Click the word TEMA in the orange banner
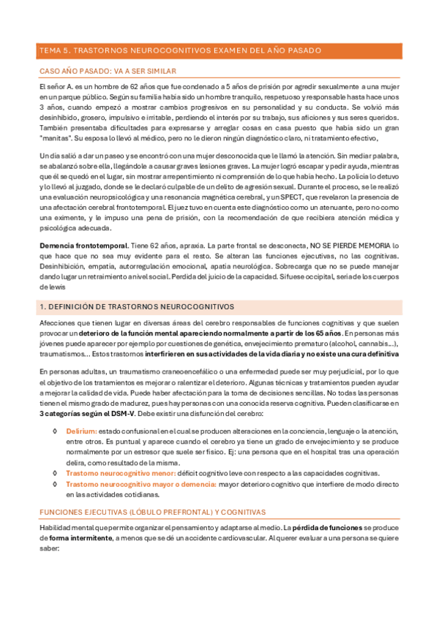coord(48,50)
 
